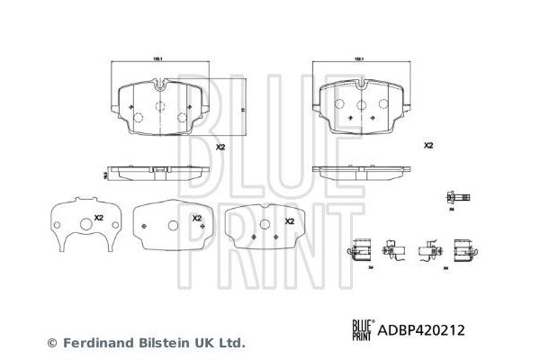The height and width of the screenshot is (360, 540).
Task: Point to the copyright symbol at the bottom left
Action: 51,343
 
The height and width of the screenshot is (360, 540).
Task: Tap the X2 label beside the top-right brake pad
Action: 427,145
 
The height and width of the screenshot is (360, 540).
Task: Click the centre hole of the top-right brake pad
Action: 361,106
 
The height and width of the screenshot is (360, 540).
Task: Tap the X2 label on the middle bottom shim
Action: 196,218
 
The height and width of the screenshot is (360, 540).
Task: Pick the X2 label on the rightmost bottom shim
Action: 289,220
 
